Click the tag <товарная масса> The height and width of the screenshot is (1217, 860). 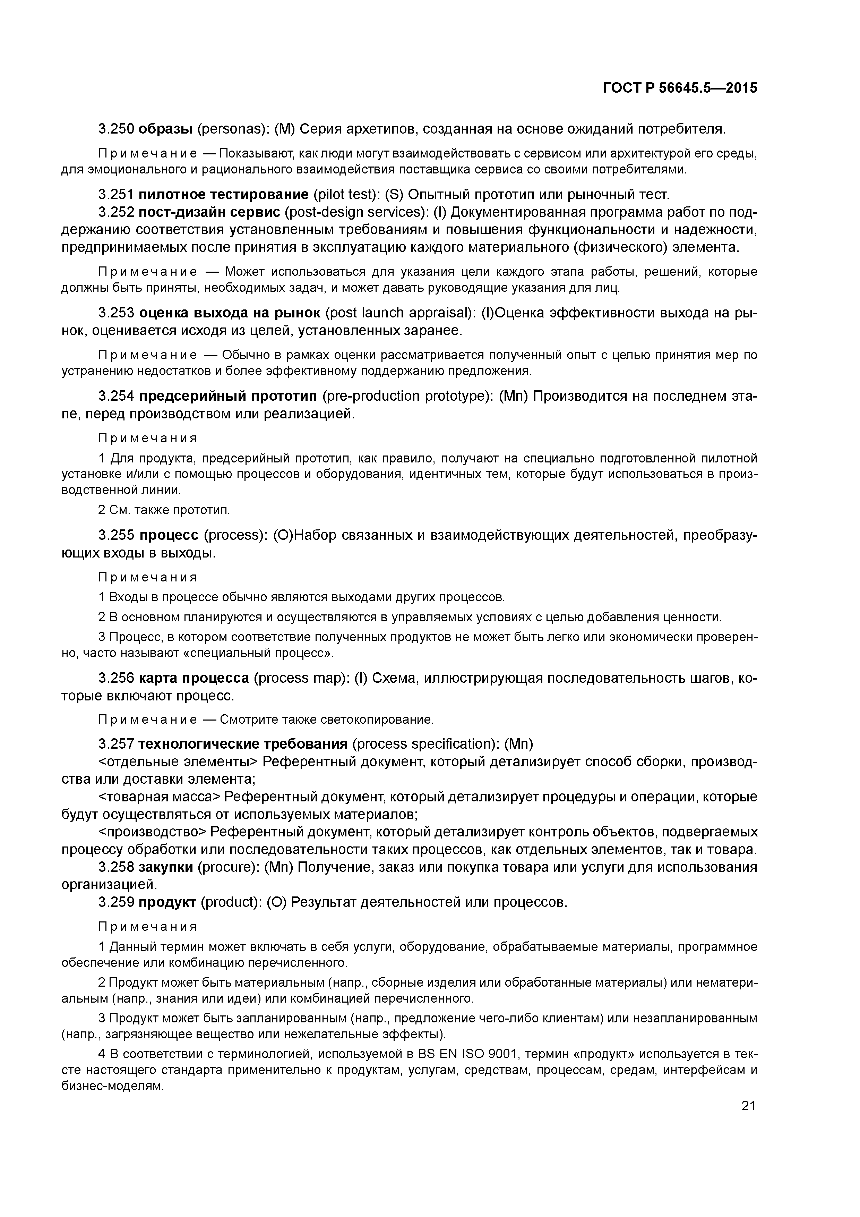coord(159,797)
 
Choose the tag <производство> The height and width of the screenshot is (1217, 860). coord(155,832)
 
